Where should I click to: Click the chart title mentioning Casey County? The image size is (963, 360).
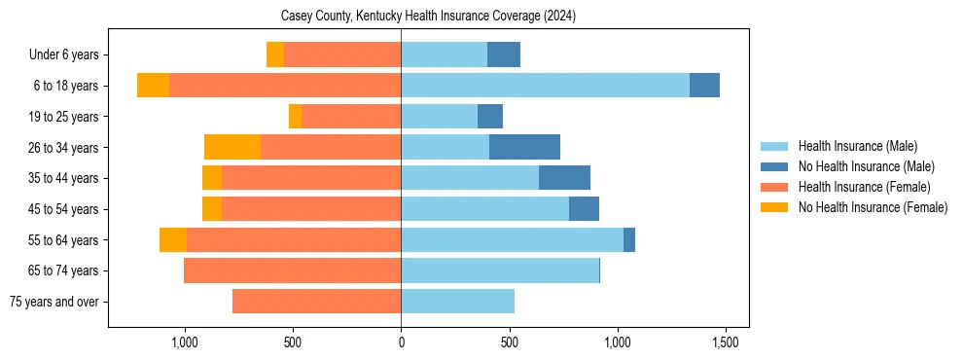(428, 17)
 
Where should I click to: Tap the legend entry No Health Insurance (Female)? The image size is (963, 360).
(873, 207)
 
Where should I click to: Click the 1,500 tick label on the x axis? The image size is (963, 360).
(725, 342)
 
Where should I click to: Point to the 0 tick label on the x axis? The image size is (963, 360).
(401, 342)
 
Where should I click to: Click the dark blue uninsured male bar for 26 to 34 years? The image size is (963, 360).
(524, 147)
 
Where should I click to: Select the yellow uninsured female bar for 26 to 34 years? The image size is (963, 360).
(232, 147)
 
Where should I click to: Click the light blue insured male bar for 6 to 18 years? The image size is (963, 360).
(545, 86)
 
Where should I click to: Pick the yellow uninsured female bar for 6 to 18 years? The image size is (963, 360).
(153, 86)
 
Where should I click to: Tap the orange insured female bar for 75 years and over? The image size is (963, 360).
(316, 302)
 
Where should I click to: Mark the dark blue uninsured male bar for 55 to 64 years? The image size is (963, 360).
(629, 239)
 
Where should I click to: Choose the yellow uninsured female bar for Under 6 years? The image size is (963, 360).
(275, 55)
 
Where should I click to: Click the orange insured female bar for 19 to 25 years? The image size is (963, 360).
(351, 117)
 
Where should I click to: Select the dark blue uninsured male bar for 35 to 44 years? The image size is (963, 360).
(564, 178)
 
